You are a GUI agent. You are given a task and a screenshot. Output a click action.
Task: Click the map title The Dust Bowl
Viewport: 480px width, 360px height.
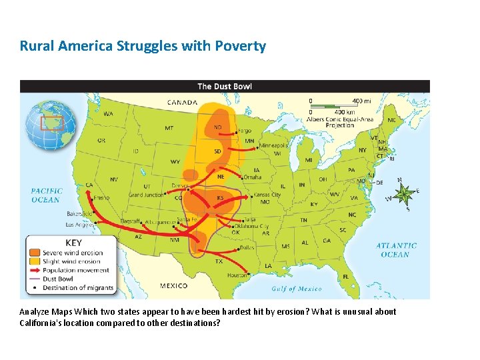pos(225,86)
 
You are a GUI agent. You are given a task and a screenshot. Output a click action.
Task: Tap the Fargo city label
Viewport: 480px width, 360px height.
pos(245,131)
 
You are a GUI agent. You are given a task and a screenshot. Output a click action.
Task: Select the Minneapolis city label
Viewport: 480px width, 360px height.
pos(273,145)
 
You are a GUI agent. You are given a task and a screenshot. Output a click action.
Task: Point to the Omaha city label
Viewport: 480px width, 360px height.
pos(252,177)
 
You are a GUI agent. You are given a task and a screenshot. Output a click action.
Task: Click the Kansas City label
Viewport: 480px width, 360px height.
pos(267,195)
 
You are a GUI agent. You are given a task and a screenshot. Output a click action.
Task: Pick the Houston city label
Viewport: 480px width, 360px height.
pos(237,275)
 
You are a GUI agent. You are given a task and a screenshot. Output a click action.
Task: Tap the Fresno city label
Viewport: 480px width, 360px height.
pos(101,197)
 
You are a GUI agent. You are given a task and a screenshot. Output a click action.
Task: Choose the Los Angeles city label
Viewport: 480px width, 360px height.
pos(80,225)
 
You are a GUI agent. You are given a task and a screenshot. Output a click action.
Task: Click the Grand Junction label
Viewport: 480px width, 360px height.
pos(145,195)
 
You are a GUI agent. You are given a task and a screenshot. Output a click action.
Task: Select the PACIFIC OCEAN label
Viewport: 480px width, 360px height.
pos(47,195)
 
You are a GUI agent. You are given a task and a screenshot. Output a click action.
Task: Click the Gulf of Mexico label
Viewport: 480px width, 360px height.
pos(296,289)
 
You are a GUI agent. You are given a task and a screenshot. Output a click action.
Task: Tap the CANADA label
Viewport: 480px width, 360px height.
pos(182,103)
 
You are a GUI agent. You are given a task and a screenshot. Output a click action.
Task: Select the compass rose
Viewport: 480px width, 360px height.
pos(403,193)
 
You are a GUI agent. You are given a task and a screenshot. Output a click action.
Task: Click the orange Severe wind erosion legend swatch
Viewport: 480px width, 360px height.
pos(35,253)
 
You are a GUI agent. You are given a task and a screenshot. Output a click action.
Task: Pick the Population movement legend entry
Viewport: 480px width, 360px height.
pos(75,270)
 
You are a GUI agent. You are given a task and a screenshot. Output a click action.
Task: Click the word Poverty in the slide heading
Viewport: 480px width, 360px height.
pos(241,46)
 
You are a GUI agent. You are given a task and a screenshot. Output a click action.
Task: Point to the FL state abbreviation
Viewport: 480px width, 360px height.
pos(345,276)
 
